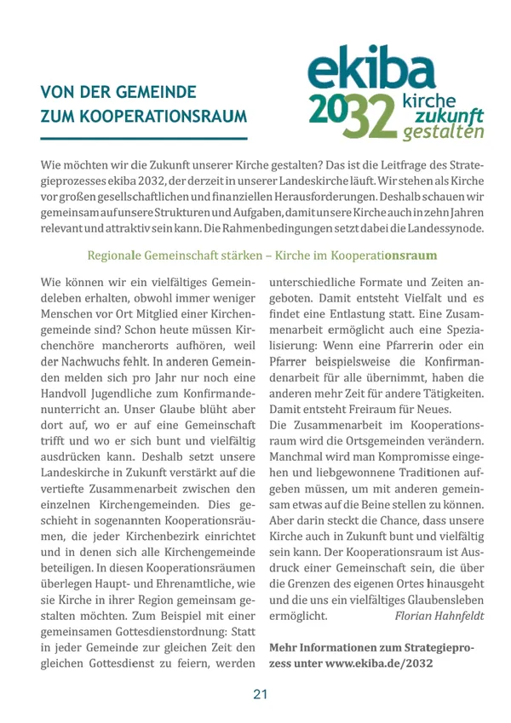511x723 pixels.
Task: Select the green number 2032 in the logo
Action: pyautogui.click(x=350, y=116)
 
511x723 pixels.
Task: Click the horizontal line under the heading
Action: pyautogui.click(x=144, y=138)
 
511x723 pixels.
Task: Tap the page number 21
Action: pyautogui.click(x=260, y=694)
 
